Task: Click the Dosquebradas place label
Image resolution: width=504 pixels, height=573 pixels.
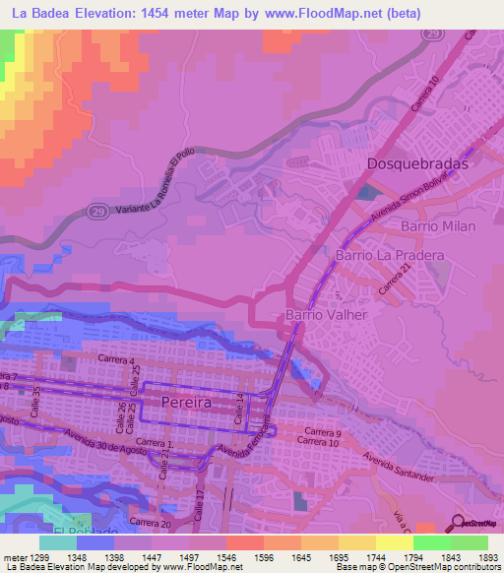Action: [416, 164]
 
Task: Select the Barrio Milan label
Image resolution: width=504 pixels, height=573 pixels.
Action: [438, 226]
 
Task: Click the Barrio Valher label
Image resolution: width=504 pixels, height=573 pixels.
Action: [326, 315]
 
